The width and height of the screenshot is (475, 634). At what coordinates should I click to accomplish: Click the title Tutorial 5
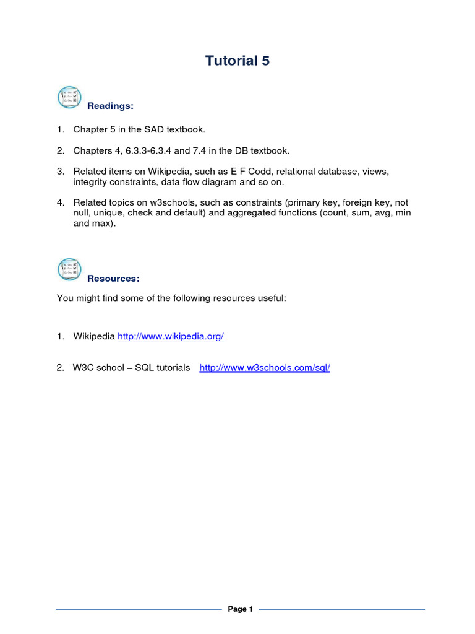click(237, 61)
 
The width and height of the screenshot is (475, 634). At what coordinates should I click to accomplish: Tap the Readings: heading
click(110, 106)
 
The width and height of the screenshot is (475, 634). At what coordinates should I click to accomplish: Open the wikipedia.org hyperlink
click(170, 336)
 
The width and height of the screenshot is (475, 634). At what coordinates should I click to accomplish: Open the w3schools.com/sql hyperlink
click(265, 367)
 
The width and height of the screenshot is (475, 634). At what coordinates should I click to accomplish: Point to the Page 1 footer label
click(241, 609)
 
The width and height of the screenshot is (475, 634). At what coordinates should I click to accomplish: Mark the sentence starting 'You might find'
click(171, 298)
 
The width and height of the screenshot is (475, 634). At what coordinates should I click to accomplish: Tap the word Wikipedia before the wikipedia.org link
click(94, 336)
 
